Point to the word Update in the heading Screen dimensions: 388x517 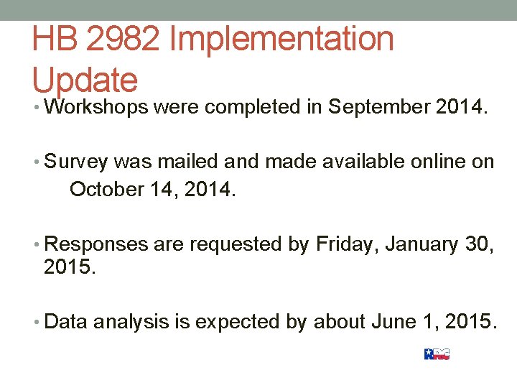[x=84, y=79]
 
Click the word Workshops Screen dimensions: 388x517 [x=96, y=108]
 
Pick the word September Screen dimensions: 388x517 [x=378, y=108]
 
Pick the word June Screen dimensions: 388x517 [x=391, y=321]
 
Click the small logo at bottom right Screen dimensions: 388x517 [x=437, y=354]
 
